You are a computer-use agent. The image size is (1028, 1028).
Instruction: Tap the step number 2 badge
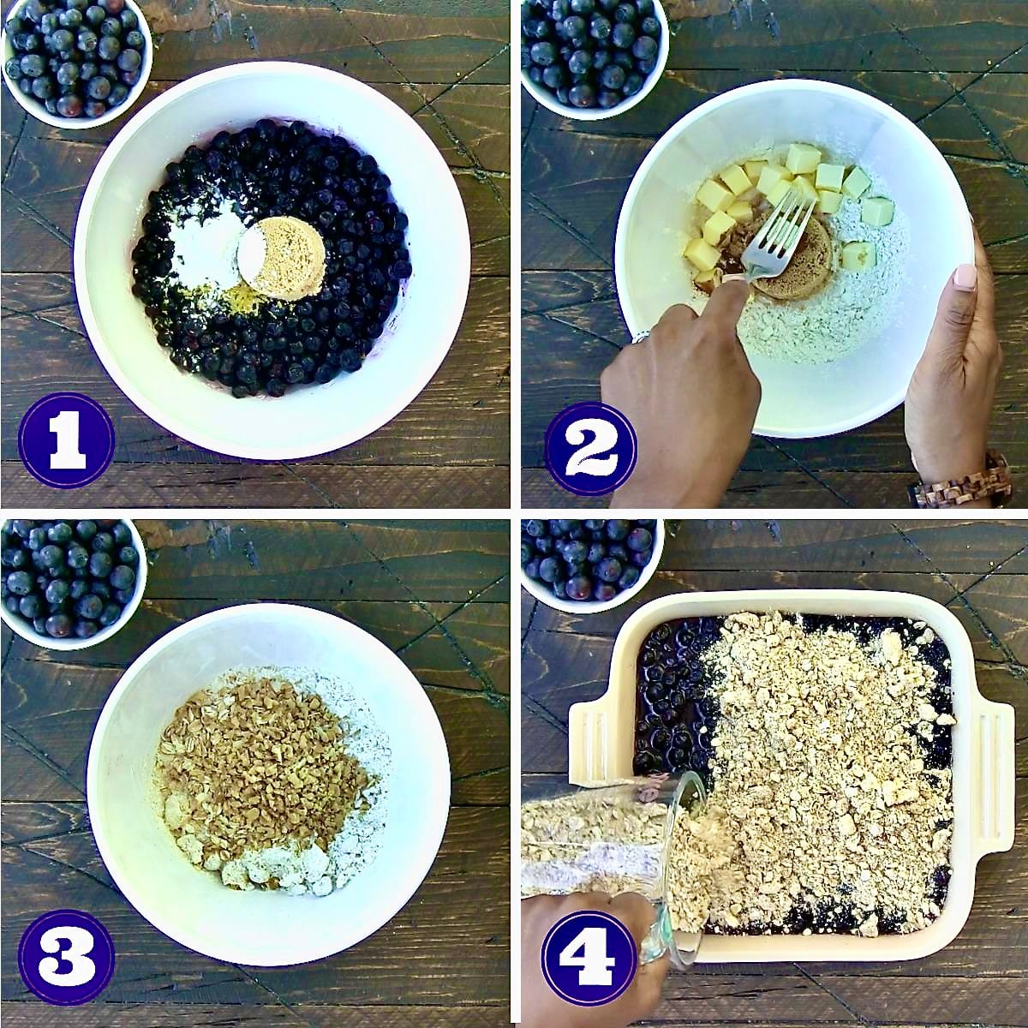[590, 448]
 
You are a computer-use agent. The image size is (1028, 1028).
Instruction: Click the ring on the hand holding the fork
[641, 338]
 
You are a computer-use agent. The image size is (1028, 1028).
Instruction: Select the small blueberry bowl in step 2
[591, 51]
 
